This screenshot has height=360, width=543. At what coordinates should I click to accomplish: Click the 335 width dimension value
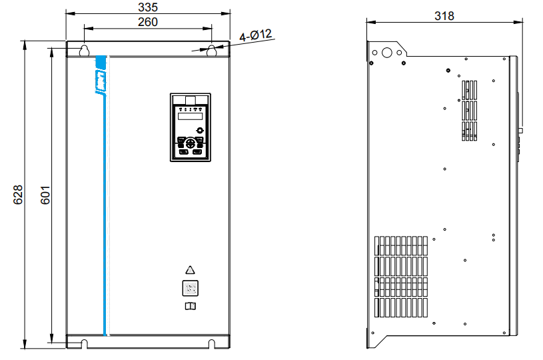(x=147, y=7)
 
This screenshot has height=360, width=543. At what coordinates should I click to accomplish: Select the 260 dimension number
(x=147, y=22)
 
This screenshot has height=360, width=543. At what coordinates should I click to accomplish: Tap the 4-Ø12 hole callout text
(x=257, y=35)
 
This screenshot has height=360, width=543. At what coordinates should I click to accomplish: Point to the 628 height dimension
(x=18, y=194)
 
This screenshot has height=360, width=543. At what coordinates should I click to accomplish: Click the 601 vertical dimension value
(x=45, y=194)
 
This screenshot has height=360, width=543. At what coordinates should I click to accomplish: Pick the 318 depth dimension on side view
(x=444, y=15)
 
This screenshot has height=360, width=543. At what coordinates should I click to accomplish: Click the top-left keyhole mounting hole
(x=85, y=51)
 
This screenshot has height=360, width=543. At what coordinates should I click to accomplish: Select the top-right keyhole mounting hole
(x=211, y=51)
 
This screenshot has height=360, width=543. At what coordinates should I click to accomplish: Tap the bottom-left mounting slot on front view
(x=85, y=343)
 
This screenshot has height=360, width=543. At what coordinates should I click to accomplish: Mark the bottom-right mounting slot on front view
(x=212, y=343)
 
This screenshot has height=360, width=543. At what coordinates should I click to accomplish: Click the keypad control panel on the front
(x=190, y=127)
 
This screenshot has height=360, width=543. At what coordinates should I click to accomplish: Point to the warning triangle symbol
(x=190, y=271)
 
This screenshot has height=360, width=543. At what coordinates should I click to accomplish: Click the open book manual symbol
(x=190, y=306)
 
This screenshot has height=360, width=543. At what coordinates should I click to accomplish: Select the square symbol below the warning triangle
(x=190, y=289)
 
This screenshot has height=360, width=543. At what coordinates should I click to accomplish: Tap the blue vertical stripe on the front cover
(x=105, y=213)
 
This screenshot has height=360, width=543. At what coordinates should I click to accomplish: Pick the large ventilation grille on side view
(x=400, y=276)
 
